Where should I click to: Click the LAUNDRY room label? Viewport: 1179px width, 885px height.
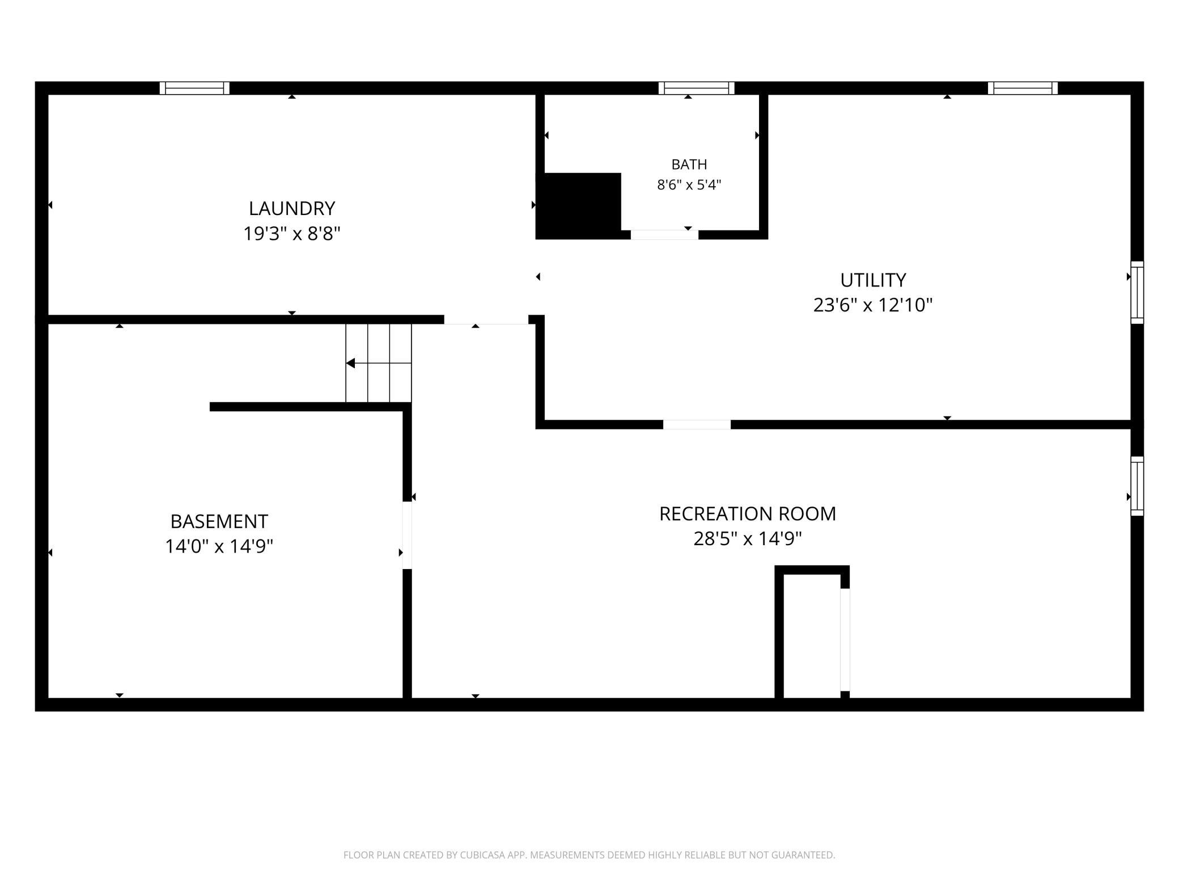tap(292, 208)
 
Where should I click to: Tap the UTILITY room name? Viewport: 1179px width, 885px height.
tap(873, 280)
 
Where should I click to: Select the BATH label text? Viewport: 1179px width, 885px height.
tap(689, 165)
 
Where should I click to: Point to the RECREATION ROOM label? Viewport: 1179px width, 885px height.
tap(748, 513)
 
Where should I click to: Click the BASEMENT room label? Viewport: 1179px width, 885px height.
tap(219, 521)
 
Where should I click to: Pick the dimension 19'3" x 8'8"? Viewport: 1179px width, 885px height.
tap(292, 233)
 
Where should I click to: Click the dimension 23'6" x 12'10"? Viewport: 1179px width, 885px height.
tap(873, 305)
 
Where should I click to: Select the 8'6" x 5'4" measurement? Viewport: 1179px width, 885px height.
tap(689, 185)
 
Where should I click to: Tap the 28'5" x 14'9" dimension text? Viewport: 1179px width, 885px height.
tap(748, 538)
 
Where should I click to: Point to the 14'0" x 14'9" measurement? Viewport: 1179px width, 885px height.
tap(219, 546)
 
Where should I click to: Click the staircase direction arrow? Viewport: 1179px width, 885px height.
tap(379, 363)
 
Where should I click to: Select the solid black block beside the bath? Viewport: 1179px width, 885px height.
tap(579, 206)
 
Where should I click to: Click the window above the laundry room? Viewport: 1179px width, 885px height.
tap(194, 88)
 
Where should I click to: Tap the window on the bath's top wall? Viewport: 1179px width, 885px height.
tap(697, 88)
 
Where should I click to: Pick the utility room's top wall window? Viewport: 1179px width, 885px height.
tap(1023, 88)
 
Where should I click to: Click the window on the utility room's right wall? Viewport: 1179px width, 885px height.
tap(1137, 293)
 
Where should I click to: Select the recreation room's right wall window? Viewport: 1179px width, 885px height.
tap(1137, 486)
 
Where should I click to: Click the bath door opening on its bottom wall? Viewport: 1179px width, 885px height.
tap(664, 235)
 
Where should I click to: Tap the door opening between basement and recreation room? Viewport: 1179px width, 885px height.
tap(407, 536)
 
